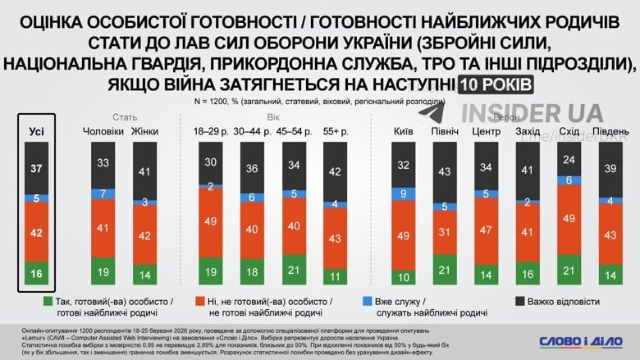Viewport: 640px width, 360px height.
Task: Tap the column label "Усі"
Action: tap(36, 131)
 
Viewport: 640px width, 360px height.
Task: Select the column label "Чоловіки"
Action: tap(103, 131)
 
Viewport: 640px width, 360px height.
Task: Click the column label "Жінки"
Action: tap(145, 131)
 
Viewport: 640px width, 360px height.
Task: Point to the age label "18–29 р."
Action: tap(211, 131)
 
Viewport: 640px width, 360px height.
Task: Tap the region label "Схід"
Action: tap(569, 131)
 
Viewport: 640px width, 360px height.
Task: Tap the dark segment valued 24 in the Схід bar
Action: tap(568, 158)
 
